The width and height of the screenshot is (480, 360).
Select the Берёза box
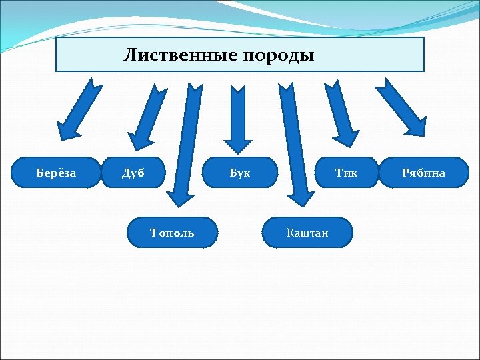tap(56, 173)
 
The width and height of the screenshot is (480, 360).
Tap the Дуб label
tap(133, 173)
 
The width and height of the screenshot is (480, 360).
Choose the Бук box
tap(240, 173)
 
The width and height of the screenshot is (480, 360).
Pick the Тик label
tap(346, 173)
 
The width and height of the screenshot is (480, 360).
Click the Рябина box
tap(423, 173)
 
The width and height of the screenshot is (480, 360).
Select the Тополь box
tap(173, 233)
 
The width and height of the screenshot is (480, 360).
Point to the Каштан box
tap(307, 233)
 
